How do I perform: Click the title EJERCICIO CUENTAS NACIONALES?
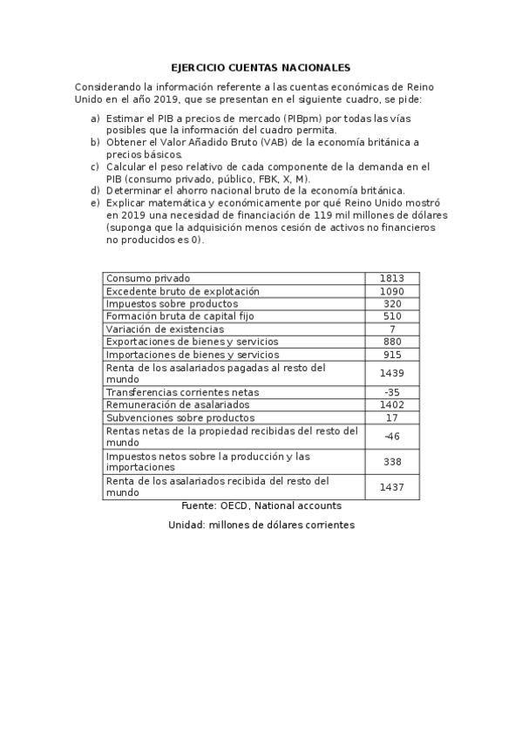tap(261, 67)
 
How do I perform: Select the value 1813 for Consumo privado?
tap(392, 278)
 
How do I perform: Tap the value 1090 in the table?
tap(392, 291)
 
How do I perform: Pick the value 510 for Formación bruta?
tap(392, 316)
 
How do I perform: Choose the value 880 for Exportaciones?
tap(392, 342)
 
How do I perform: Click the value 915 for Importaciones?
tap(392, 355)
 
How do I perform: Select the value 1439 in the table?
tap(392, 373)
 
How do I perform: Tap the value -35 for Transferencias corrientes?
tap(392, 392)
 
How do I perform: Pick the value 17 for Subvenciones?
tap(392, 417)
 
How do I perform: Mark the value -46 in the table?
tap(392, 437)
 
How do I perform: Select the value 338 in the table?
tap(392, 462)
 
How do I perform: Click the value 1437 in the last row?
tap(392, 487)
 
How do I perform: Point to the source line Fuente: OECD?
tap(261, 505)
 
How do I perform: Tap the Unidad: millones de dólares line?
tap(261, 525)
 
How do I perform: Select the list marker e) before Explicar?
tap(95, 202)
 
